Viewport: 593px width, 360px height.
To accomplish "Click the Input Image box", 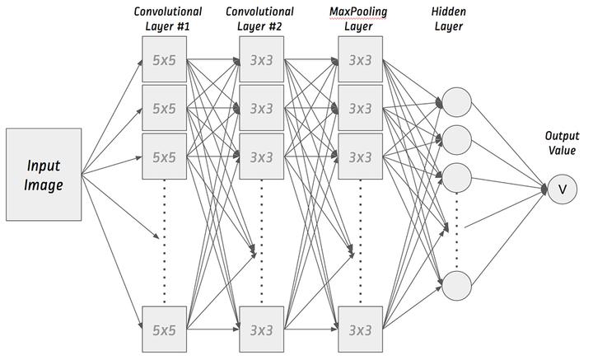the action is (x=44, y=175).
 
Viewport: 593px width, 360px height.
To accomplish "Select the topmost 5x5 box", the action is (x=164, y=59).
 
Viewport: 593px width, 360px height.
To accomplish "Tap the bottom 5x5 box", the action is (x=164, y=330).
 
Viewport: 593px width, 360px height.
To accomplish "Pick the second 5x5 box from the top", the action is (x=164, y=108).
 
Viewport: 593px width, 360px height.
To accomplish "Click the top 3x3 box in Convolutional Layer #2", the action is (x=262, y=59).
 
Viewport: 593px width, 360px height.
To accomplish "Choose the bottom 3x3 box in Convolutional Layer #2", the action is (x=262, y=330).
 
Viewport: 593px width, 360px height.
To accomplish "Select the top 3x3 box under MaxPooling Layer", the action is (x=361, y=59).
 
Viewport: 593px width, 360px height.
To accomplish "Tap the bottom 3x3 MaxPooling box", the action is (x=361, y=330).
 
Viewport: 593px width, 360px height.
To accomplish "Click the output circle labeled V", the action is (x=563, y=189).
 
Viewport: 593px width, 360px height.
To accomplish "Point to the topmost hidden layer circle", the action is (x=457, y=102).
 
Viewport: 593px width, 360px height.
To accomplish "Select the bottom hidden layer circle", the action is (x=457, y=286).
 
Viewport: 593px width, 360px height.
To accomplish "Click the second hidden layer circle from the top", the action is (x=457, y=140).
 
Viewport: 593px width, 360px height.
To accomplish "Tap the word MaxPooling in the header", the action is (x=358, y=12).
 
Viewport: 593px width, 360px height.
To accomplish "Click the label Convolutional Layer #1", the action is (x=168, y=19).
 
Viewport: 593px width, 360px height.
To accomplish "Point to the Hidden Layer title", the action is (x=449, y=19).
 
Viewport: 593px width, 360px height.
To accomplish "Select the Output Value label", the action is (x=562, y=143).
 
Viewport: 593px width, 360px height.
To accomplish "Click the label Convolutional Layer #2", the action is (x=259, y=19).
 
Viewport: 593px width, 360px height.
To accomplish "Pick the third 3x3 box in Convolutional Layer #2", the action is (x=262, y=157).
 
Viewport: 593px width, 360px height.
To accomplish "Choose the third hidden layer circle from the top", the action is (x=457, y=178).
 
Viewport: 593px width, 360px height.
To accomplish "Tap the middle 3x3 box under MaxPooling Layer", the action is (x=361, y=108).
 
